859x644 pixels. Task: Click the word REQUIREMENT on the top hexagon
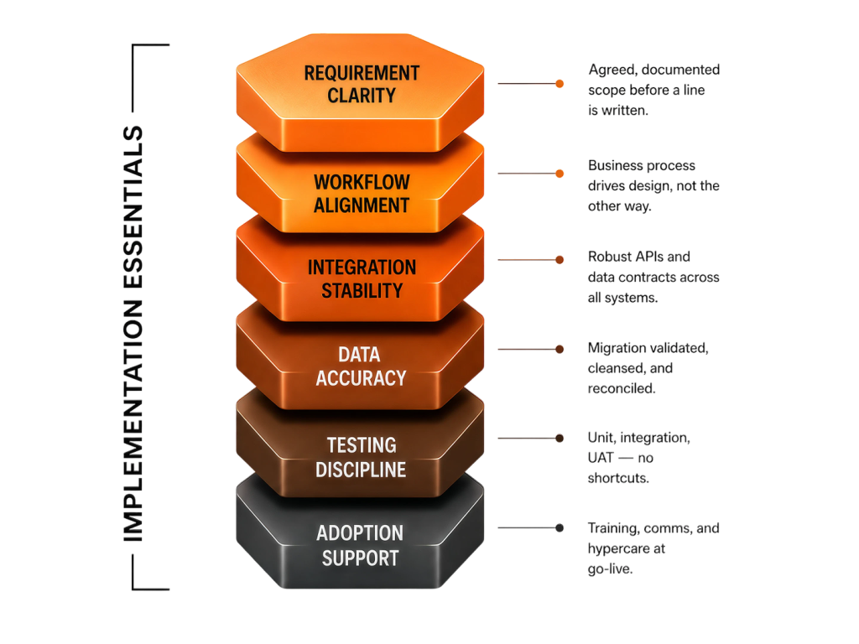(x=362, y=73)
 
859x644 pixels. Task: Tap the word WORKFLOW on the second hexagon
(x=362, y=182)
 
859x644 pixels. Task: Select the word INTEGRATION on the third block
(x=362, y=267)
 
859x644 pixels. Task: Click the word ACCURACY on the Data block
(x=361, y=378)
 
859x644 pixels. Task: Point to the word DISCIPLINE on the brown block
(x=361, y=470)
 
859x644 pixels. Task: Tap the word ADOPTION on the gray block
(x=360, y=533)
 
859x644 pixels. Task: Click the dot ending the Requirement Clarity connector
(x=560, y=84)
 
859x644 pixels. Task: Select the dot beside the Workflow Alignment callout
(x=560, y=174)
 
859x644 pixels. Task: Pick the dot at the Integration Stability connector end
(x=560, y=260)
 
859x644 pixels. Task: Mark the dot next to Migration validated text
(x=560, y=350)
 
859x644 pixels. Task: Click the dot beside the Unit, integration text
(x=560, y=438)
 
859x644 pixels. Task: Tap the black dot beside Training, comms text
(x=560, y=528)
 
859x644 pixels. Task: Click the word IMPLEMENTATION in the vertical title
(x=133, y=421)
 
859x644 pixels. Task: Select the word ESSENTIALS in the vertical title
(x=133, y=208)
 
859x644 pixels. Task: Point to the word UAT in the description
(x=601, y=458)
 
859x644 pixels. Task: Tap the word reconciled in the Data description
(x=622, y=388)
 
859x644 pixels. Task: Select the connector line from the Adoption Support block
(x=527, y=528)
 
